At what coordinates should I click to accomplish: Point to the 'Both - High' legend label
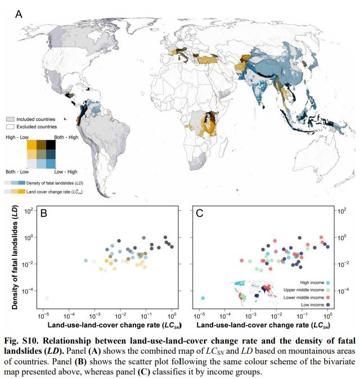(x=66, y=137)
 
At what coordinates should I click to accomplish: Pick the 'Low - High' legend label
(x=66, y=171)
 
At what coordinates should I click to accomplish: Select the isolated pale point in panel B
(x=47, y=297)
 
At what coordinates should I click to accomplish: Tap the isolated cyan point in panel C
(x=202, y=297)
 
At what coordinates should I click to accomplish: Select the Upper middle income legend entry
(x=307, y=289)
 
